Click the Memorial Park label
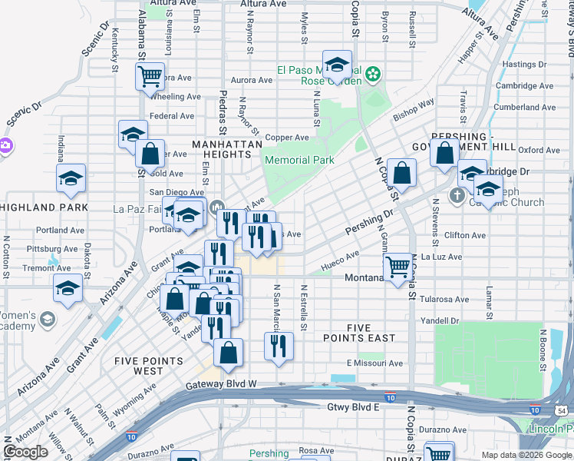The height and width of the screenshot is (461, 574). point(299,161)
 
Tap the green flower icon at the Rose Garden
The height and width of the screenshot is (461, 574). point(373,75)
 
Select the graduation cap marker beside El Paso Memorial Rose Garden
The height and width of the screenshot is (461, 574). point(337,67)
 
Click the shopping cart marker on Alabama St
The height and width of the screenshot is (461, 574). point(150,76)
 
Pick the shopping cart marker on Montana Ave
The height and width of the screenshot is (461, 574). point(398,268)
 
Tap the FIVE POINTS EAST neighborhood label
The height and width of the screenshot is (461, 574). point(371,332)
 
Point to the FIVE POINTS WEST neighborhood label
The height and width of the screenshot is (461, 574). point(148,366)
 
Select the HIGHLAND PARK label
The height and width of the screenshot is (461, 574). point(44,207)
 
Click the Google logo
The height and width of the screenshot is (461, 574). point(25,452)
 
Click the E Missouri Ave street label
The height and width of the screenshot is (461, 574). point(374,363)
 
